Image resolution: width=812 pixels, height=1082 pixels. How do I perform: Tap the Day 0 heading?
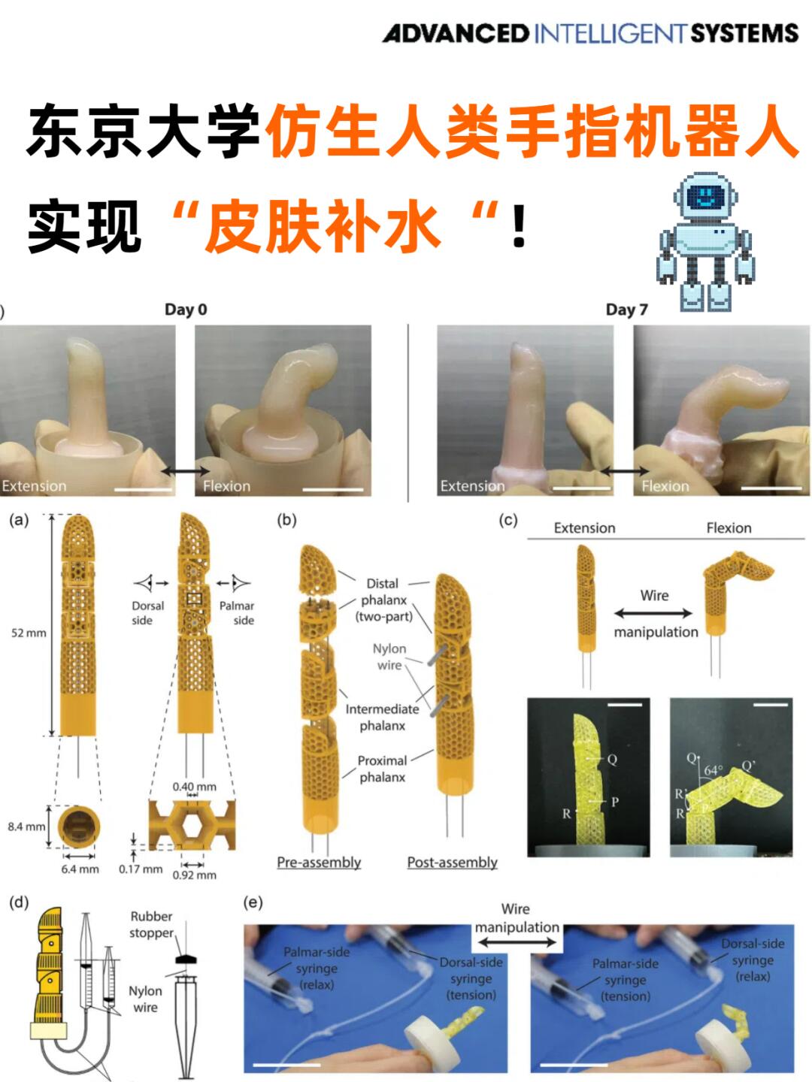tap(186, 310)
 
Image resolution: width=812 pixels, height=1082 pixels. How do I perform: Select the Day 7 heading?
tap(626, 310)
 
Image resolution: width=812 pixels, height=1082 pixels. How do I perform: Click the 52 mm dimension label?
tap(29, 633)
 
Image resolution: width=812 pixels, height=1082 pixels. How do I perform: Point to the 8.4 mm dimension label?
tap(26, 827)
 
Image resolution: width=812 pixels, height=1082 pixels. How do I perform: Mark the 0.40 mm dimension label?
tap(194, 787)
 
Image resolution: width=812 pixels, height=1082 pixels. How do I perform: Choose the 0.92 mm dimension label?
tap(194, 875)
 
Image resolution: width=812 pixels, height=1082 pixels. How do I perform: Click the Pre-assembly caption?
tap(319, 863)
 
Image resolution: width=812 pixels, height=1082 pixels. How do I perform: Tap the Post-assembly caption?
tap(452, 863)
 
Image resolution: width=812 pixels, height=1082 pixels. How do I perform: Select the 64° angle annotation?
tap(713, 770)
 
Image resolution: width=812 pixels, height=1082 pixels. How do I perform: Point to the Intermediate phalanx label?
tap(382, 718)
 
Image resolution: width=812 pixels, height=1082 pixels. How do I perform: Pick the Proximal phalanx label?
tap(382, 769)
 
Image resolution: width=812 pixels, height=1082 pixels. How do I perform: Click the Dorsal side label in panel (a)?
tap(147, 613)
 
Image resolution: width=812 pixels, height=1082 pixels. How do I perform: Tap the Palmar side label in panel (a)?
tap(237, 613)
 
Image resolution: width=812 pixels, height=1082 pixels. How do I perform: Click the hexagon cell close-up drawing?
tap(192, 825)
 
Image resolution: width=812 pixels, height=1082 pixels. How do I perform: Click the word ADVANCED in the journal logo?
tap(456, 34)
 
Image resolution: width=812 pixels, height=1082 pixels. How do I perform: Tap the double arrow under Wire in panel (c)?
tap(653, 614)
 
